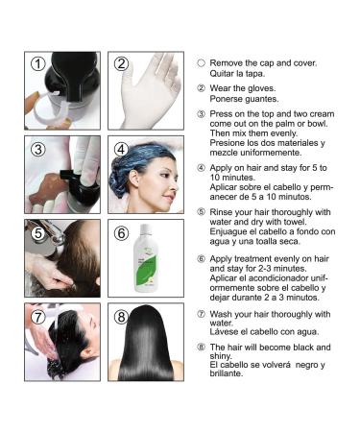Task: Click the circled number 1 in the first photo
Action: [37, 65]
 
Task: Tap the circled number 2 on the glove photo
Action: [121, 64]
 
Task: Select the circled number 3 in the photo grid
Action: [37, 149]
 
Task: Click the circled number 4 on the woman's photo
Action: [121, 149]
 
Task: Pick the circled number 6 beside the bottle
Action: [121, 232]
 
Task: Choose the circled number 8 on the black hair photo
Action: [121, 316]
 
